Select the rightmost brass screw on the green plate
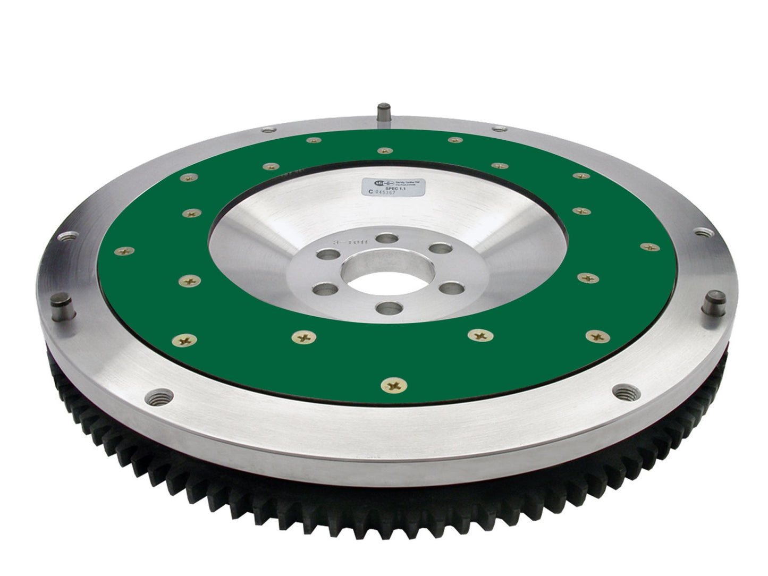[x=648, y=246]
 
